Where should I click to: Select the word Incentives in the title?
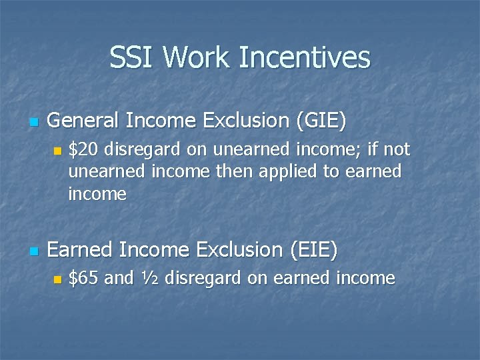pyautogui.click(x=303, y=57)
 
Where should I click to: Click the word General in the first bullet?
pyautogui.click(x=83, y=121)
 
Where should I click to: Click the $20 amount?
pyautogui.click(x=84, y=149)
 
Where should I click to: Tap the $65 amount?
pyautogui.click(x=84, y=278)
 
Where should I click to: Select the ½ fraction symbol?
pyautogui.click(x=149, y=278)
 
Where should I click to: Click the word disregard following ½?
pyautogui.click(x=203, y=278)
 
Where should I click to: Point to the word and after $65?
pyautogui.click(x=119, y=278)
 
